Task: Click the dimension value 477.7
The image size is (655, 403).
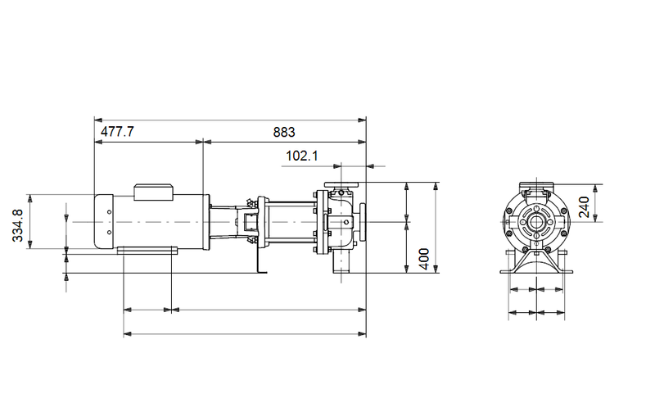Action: (118, 132)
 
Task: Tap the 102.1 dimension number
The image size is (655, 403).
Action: (302, 156)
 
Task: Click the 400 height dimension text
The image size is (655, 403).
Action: (423, 260)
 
